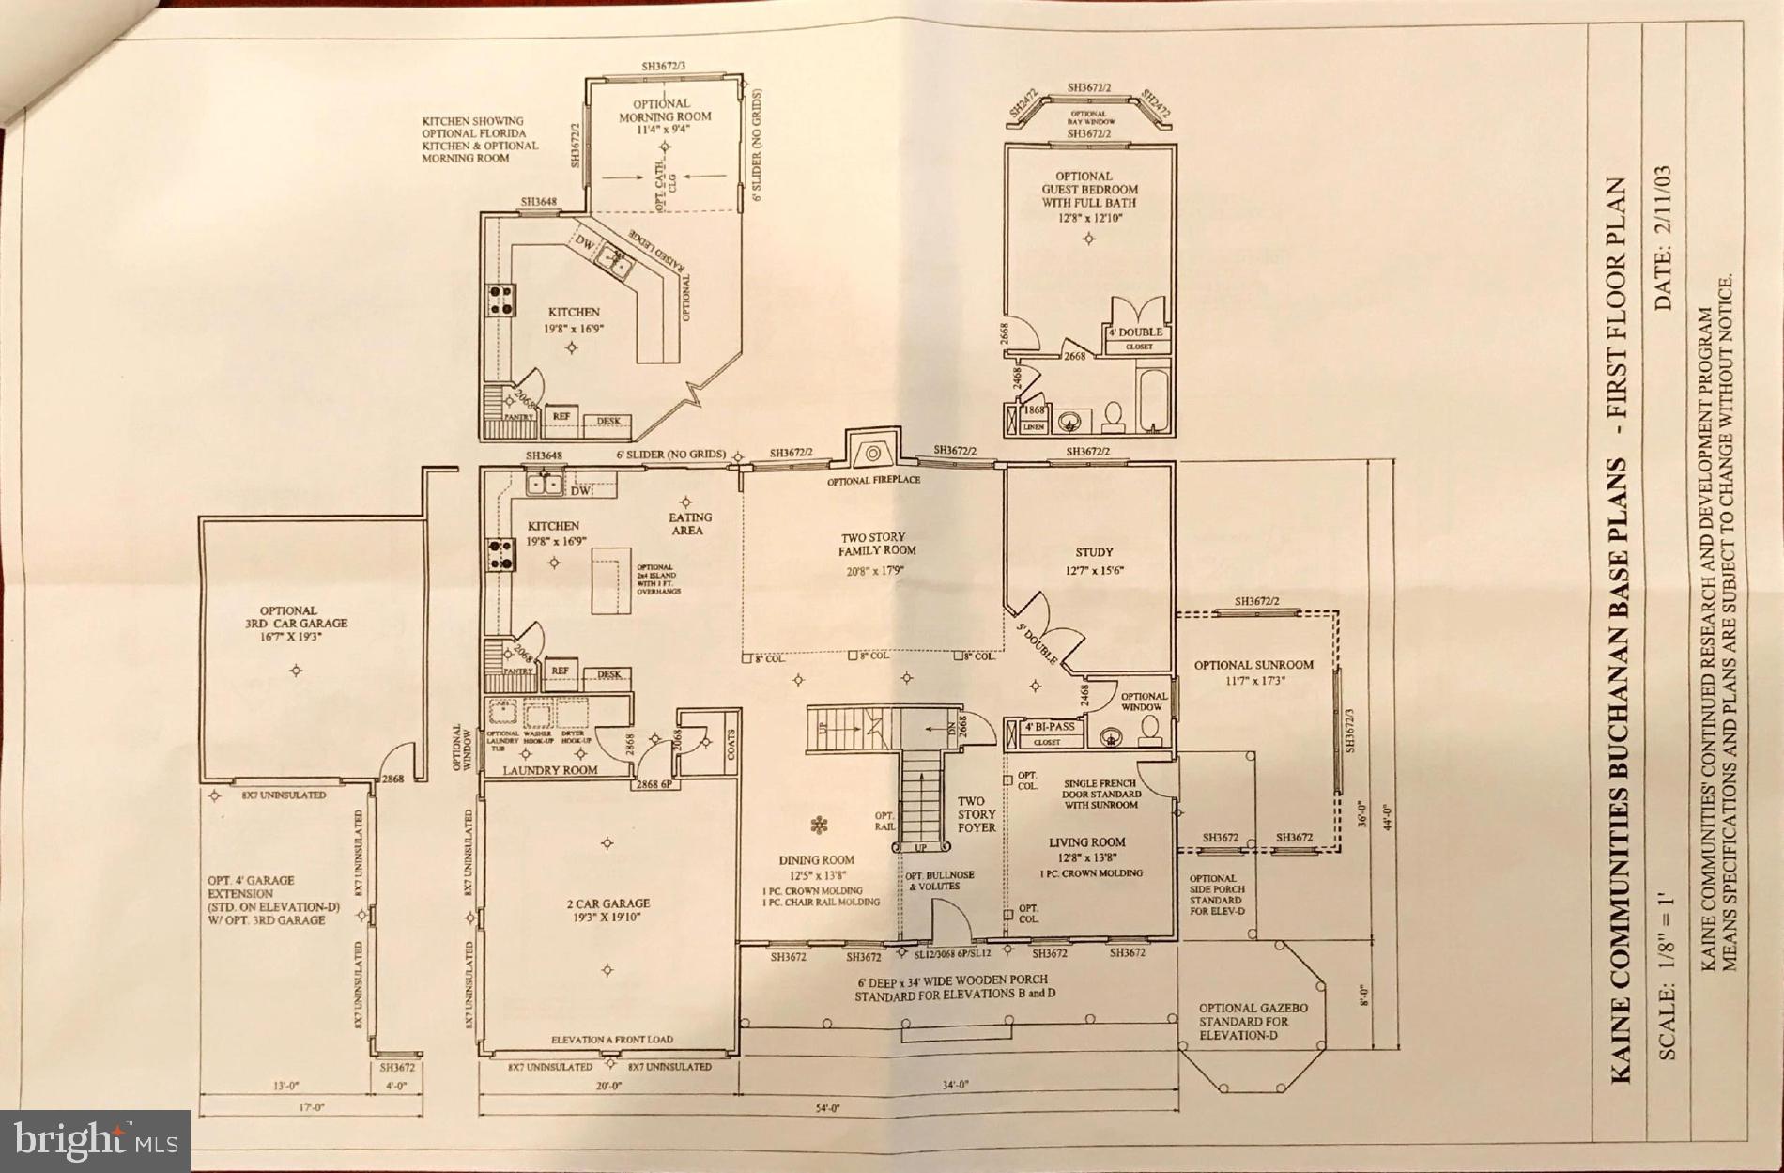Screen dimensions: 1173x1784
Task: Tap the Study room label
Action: click(x=1094, y=552)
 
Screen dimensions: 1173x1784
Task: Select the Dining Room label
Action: click(x=816, y=859)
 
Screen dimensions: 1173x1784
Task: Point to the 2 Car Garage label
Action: click(x=607, y=903)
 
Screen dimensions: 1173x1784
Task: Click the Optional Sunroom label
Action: click(x=1253, y=665)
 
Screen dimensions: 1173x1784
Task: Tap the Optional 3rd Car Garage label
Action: click(x=289, y=616)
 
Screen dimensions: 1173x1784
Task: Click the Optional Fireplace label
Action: click(x=873, y=480)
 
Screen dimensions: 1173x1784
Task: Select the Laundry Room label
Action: click(x=550, y=770)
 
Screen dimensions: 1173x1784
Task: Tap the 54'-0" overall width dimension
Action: click(x=826, y=1108)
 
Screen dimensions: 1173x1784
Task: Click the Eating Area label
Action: click(x=690, y=523)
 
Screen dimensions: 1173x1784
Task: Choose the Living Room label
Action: click(x=1086, y=842)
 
